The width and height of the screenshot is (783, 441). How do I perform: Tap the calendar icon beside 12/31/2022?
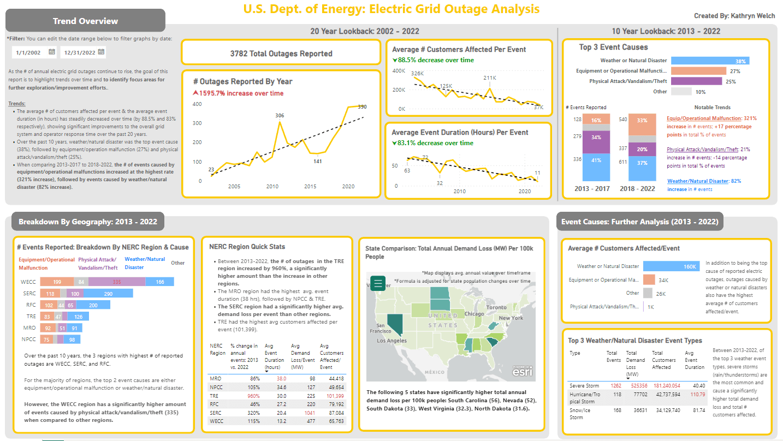(102, 52)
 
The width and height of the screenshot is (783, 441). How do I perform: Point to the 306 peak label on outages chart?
(280, 115)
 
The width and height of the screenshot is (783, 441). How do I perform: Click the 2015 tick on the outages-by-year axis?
(310, 187)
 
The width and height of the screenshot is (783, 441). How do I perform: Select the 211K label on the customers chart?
(490, 78)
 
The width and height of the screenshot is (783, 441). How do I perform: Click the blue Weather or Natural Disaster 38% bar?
(710, 61)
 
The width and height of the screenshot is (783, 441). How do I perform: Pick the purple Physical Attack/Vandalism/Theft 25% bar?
(696, 81)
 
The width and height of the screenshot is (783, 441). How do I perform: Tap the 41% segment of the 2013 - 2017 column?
(596, 160)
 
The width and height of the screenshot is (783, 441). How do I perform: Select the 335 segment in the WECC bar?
(117, 282)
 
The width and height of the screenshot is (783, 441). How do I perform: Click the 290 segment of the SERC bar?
(108, 294)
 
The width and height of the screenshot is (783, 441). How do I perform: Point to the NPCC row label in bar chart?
(29, 339)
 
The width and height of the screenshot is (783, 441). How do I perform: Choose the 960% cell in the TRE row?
(238, 396)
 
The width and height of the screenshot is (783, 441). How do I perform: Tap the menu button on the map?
(378, 283)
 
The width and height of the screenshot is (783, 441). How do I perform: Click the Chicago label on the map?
(475, 314)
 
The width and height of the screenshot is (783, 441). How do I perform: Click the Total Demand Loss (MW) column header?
(635, 363)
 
